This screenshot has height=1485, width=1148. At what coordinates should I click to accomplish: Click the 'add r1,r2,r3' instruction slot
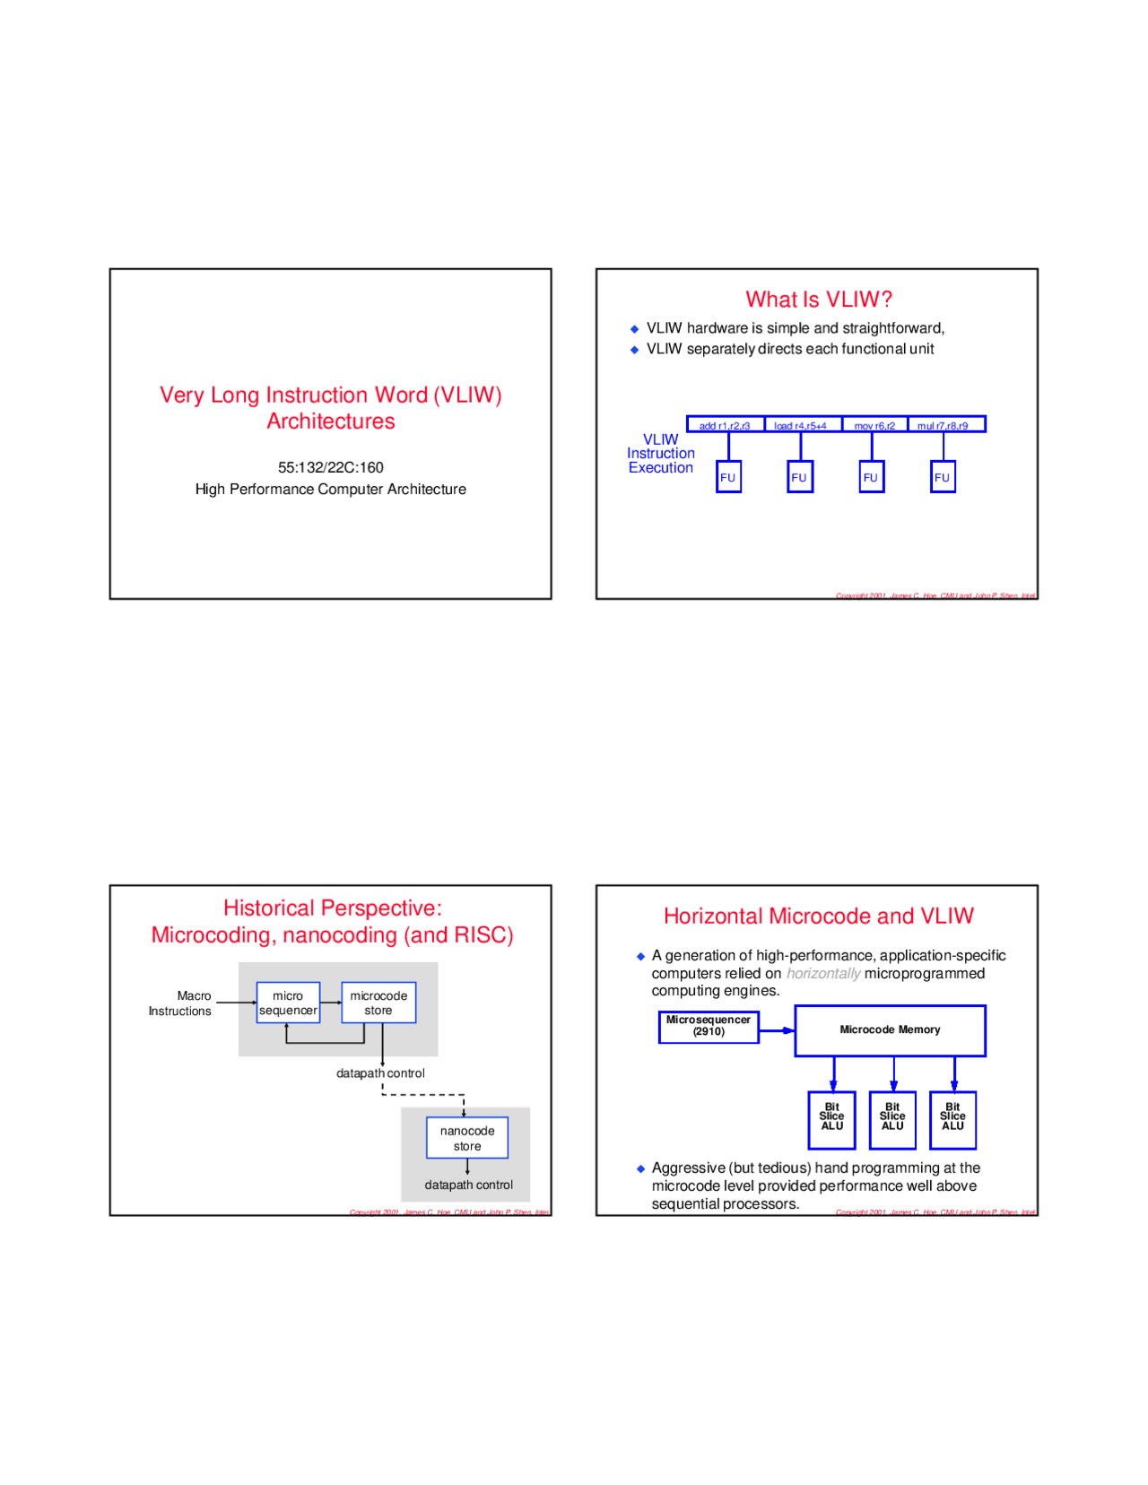click(x=725, y=425)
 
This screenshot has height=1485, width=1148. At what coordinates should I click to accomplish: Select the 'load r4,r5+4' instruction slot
click(x=801, y=425)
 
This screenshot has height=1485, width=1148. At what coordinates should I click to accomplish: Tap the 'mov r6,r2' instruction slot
click(x=874, y=425)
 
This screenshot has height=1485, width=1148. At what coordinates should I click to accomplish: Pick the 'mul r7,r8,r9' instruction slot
click(x=944, y=425)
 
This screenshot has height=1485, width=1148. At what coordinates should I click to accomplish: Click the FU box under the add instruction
click(x=728, y=477)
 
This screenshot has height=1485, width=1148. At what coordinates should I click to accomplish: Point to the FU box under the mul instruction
click(x=943, y=477)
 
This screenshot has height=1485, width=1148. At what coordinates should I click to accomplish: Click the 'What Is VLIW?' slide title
click(x=818, y=300)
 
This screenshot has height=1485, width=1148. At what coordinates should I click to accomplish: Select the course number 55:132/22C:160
click(x=330, y=467)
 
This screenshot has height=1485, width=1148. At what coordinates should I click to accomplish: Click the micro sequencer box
click(x=288, y=1003)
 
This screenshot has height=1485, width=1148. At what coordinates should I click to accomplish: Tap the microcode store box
click(x=378, y=1003)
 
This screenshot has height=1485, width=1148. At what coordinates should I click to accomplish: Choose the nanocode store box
click(x=467, y=1138)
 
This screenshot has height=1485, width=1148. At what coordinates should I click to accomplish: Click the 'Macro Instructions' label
click(x=182, y=1003)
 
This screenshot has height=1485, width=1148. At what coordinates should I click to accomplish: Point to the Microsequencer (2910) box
click(x=708, y=1026)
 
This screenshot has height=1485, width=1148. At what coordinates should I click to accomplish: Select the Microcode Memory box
click(x=890, y=1030)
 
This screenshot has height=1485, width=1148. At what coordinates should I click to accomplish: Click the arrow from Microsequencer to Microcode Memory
click(x=777, y=1030)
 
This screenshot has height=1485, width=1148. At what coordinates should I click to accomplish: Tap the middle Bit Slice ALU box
click(x=892, y=1119)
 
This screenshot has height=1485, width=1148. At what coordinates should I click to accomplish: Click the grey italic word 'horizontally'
click(x=822, y=974)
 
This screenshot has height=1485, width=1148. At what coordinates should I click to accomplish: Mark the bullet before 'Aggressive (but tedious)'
click(x=640, y=1168)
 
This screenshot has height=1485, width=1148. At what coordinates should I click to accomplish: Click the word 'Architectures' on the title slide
click(x=330, y=421)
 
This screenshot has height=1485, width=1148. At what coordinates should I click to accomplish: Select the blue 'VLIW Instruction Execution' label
click(x=660, y=454)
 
